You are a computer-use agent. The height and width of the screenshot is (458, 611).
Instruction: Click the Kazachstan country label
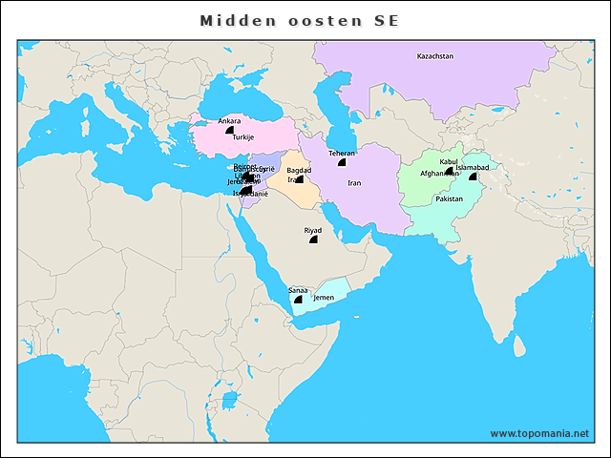coord(435,56)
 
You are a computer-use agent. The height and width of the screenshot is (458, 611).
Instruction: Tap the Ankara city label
coord(229,121)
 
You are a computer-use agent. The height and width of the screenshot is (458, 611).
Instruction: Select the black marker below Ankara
coord(229,131)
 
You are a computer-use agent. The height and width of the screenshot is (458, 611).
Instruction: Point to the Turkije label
coord(242,137)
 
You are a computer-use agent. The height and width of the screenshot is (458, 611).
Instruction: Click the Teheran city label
coord(342,153)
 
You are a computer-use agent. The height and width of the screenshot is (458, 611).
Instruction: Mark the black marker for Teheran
coord(341,162)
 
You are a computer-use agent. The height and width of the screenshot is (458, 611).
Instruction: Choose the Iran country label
coord(354,182)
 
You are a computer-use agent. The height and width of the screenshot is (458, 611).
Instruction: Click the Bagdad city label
coord(299,170)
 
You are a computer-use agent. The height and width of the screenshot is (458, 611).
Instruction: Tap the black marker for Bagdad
coord(299,178)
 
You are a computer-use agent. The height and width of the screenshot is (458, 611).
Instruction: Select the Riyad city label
coord(313,231)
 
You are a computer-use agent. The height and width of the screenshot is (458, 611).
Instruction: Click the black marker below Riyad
coord(313,240)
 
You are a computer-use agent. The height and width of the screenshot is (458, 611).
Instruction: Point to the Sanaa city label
coord(298,289)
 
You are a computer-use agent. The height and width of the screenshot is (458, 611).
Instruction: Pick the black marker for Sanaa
coord(298,299)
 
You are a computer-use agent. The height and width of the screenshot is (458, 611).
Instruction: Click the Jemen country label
coord(324,298)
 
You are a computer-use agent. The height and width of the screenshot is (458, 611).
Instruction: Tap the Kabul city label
coord(449,161)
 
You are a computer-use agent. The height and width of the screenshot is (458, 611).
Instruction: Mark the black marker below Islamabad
coord(472,177)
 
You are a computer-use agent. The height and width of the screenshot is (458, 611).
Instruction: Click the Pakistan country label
coord(449,199)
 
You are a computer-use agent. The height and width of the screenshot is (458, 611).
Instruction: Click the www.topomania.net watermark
coord(539,433)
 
